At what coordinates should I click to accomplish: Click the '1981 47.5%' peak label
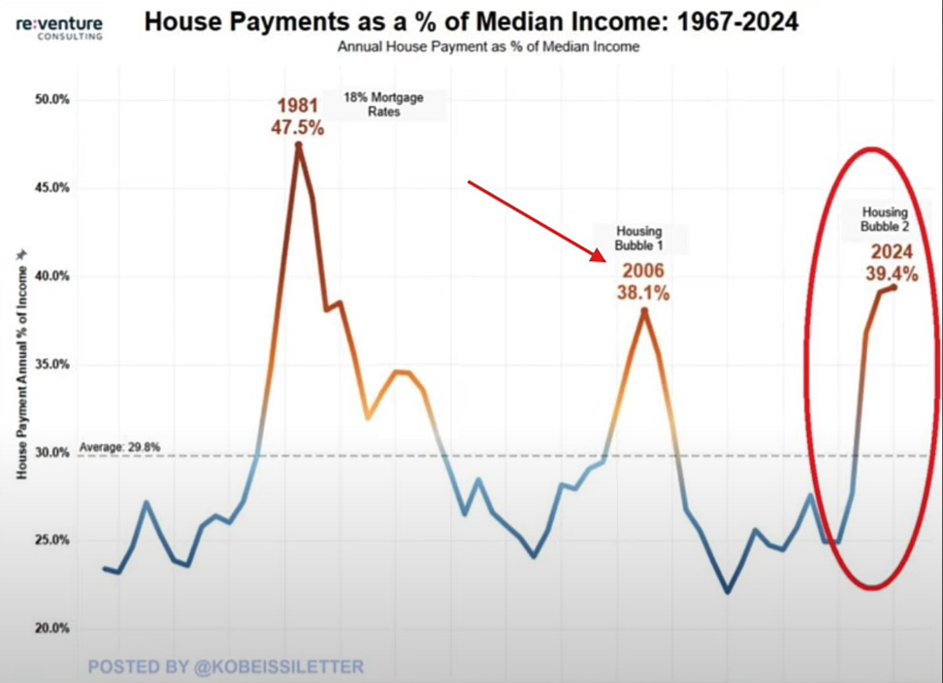pyautogui.click(x=299, y=116)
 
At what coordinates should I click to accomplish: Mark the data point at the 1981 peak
pyautogui.click(x=299, y=146)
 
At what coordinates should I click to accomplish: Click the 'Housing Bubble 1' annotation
pyautogui.click(x=639, y=239)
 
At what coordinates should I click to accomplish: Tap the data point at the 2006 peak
pyautogui.click(x=643, y=310)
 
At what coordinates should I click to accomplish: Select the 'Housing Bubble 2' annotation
pyautogui.click(x=884, y=219)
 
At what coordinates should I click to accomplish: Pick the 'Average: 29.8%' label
pyautogui.click(x=120, y=446)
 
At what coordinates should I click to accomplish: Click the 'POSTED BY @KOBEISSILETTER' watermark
pyautogui.click(x=226, y=667)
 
